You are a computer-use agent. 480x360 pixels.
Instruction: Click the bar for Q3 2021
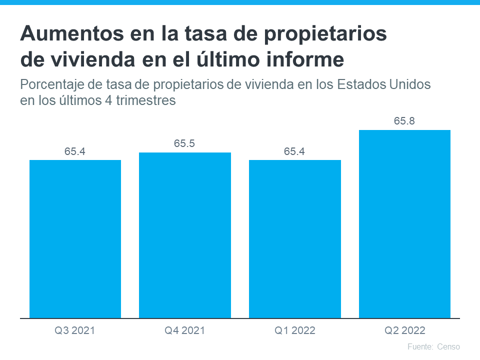(75, 239)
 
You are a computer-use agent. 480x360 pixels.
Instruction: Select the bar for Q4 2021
(185, 235)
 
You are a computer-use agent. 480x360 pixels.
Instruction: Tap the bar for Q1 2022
(295, 239)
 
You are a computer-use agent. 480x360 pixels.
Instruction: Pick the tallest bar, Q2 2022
(404, 224)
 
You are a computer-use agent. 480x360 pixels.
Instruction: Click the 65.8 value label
(404, 121)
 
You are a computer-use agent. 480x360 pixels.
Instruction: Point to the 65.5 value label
(184, 143)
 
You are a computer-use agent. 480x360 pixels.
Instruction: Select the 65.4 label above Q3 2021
(75, 151)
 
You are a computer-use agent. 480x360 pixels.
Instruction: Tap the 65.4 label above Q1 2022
(294, 151)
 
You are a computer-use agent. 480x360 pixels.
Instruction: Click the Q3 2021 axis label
(75, 330)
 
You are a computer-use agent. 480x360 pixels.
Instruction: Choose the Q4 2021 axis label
(184, 330)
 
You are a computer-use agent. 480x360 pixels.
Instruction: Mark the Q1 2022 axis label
(294, 330)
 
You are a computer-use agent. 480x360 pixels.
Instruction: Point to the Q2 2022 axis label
(404, 330)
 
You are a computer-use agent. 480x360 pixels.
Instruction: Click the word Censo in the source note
(448, 346)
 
